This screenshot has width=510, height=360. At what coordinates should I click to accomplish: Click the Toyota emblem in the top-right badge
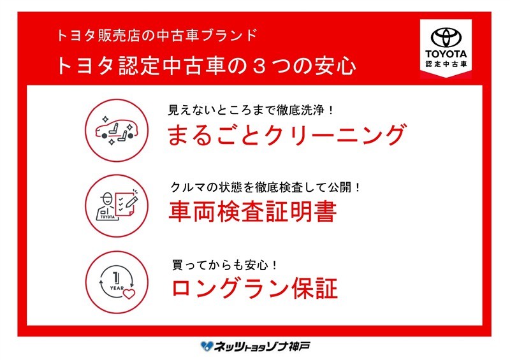(x=446, y=38)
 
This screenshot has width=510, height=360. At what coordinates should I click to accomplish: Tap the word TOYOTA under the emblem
(x=446, y=54)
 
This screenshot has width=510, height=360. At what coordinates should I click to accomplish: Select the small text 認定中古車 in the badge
(x=446, y=64)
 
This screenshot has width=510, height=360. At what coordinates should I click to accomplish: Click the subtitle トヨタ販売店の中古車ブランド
(x=157, y=35)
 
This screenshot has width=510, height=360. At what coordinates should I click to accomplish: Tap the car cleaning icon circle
(x=117, y=131)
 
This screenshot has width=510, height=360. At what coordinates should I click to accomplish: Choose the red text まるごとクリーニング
(x=287, y=134)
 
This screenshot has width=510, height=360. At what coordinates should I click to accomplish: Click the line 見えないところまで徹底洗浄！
(x=251, y=110)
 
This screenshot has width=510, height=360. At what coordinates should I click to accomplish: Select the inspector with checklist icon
(x=117, y=206)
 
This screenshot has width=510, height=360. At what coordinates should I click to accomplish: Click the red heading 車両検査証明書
(x=252, y=212)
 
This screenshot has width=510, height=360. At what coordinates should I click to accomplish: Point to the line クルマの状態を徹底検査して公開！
(x=266, y=187)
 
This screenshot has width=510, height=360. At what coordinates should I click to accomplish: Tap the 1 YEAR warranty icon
(x=117, y=282)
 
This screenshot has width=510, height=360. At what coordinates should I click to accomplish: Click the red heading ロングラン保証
(x=254, y=288)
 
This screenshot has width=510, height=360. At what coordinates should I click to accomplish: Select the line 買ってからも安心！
(x=225, y=265)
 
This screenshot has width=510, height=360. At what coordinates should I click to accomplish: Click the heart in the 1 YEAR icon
(x=129, y=294)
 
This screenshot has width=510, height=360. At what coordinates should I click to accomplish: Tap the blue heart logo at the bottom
(x=207, y=346)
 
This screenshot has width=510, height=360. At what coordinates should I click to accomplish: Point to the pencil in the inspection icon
(x=132, y=201)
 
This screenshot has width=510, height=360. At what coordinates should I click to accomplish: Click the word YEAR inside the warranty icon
(x=117, y=288)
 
